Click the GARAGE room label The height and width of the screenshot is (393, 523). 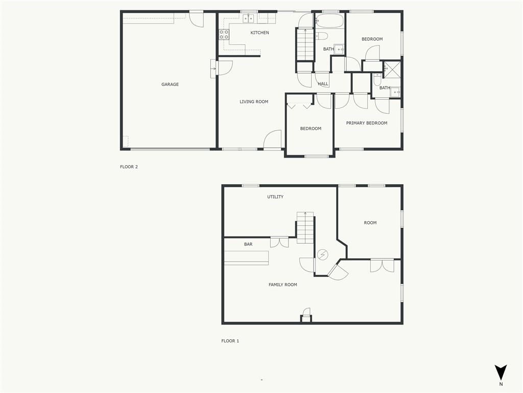click(170, 84)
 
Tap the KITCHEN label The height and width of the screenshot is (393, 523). click(259, 32)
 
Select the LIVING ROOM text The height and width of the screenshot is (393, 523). click(254, 102)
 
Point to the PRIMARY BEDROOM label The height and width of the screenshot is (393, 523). click(367, 123)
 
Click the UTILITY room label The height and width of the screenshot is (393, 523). click(275, 197)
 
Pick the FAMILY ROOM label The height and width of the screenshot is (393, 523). click(283, 285)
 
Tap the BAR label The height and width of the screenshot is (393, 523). click(248, 244)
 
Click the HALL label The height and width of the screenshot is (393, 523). click(323, 84)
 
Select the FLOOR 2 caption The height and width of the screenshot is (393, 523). click(129, 167)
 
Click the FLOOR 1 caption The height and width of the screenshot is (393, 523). click(230, 341)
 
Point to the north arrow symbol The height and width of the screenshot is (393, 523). click(501, 373)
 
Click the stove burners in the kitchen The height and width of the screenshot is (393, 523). click(224, 35)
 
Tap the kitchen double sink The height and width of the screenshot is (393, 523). click(248, 19)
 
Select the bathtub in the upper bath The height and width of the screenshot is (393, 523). click(329, 20)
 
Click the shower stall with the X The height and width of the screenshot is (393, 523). click(392, 70)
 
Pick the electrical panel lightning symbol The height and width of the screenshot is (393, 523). click(323, 255)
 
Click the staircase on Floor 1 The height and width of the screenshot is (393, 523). click(305, 228)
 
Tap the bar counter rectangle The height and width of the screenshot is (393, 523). click(247, 258)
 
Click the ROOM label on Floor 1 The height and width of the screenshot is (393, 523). click(370, 223)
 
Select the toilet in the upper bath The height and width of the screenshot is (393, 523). click(322, 36)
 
